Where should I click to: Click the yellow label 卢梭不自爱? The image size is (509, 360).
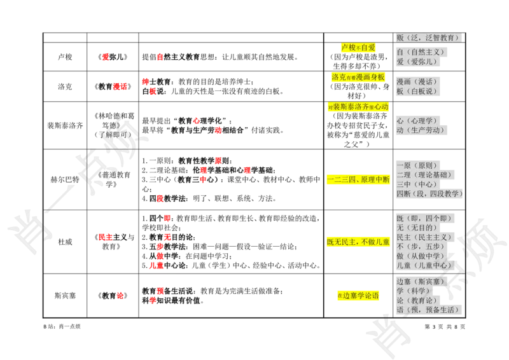point(358,48)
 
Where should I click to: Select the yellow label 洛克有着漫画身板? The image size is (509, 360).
point(358,77)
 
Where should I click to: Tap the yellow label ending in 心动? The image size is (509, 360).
point(358,107)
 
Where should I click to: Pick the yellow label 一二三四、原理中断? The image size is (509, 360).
point(358,180)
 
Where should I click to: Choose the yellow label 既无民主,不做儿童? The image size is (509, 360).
point(358,242)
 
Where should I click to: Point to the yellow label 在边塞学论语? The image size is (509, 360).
point(358,296)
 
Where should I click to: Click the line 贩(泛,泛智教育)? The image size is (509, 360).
point(428,38)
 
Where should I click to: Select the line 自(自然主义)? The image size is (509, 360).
point(420,52)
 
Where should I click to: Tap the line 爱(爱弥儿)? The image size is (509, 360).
point(417,62)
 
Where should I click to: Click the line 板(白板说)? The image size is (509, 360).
point(417,92)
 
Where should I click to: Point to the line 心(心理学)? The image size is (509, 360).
point(417,121)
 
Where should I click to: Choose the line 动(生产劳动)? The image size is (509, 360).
point(420,130)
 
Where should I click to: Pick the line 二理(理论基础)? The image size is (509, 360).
point(424,175)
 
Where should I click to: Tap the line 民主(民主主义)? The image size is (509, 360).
point(424,237)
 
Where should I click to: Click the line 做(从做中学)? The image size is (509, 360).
point(421,256)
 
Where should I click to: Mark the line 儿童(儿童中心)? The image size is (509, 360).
point(424,265)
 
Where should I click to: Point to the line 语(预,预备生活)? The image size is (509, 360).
point(428,310)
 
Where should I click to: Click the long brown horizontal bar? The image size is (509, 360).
point(261,186)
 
